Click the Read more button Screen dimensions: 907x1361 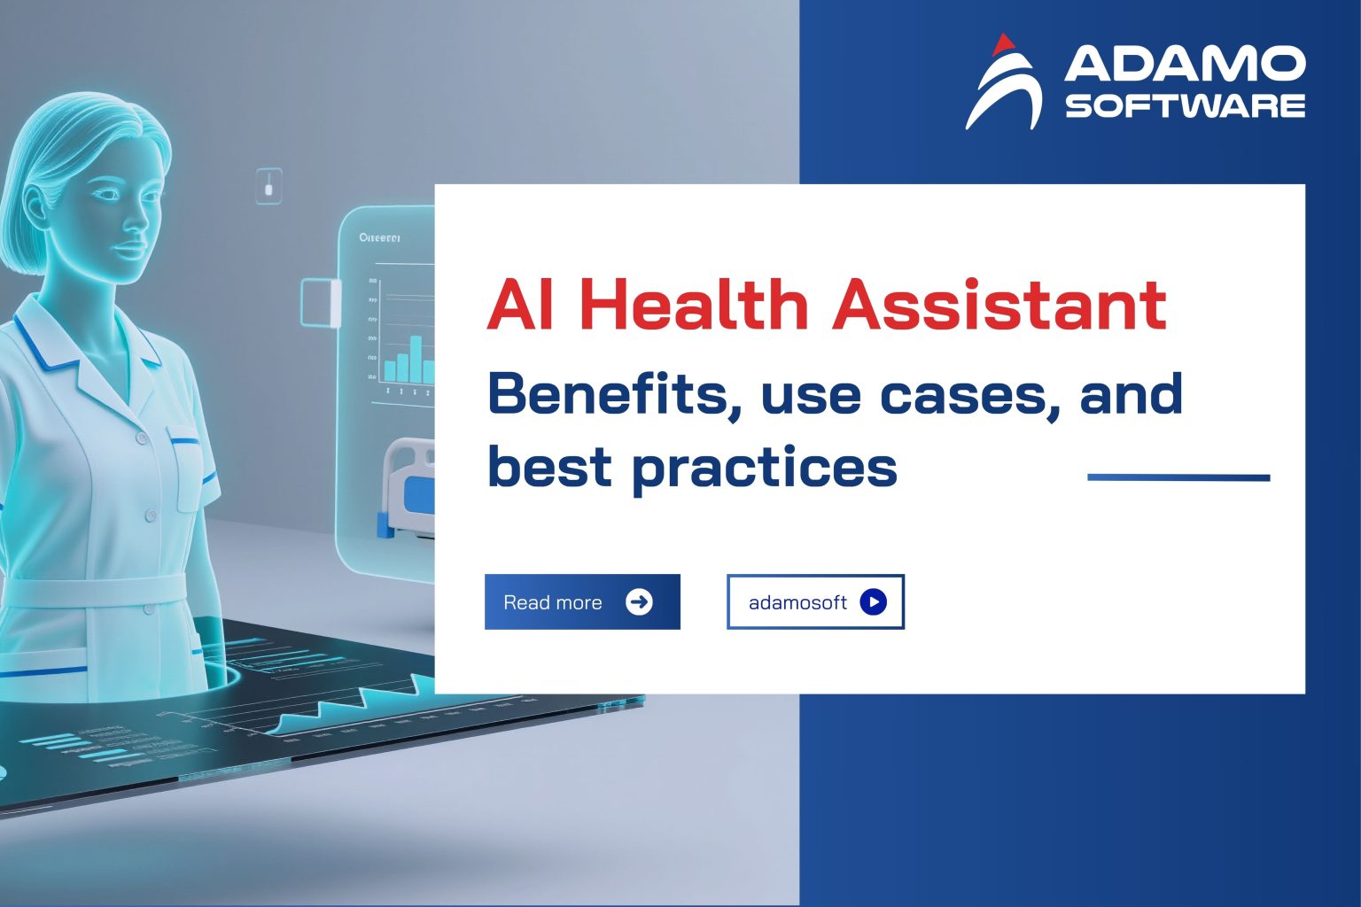point(582,602)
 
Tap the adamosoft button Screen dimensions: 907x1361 point(815,602)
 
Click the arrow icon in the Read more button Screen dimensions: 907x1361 point(639,602)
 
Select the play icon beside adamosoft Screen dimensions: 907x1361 point(873,602)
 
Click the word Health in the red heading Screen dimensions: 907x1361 point(694,304)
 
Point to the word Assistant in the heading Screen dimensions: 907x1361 point(999,304)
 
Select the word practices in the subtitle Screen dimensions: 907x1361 point(764,467)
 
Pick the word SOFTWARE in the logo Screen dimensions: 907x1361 point(1185,105)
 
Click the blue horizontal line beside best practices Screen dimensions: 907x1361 point(1178,477)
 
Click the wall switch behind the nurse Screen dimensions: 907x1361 point(268,186)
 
